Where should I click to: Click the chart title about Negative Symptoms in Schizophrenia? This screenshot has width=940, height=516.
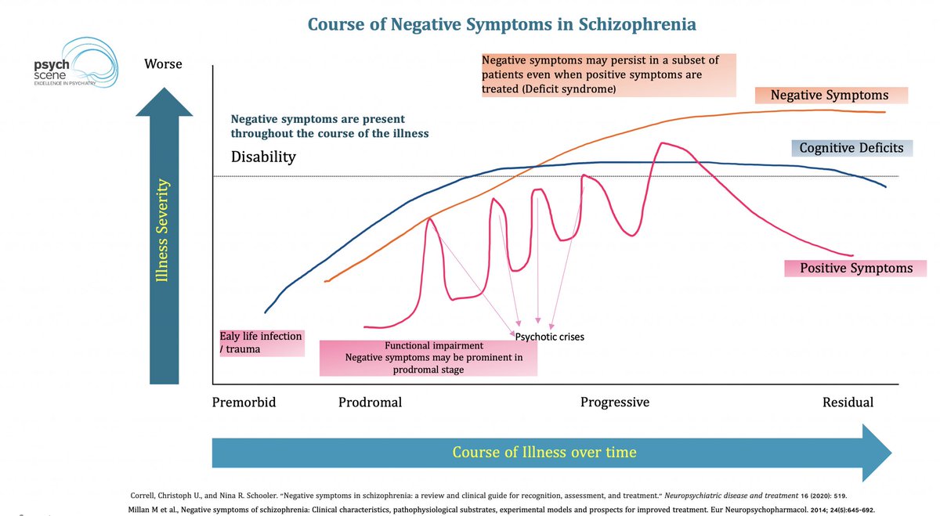[501, 24]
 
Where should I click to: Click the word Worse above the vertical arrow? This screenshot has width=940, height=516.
[163, 63]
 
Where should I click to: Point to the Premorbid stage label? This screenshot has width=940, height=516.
[244, 402]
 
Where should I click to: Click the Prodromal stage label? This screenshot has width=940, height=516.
[370, 402]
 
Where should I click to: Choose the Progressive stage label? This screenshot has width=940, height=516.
[614, 402]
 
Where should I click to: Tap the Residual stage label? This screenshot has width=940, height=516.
[848, 402]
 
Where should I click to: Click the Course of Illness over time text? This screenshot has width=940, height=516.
[544, 452]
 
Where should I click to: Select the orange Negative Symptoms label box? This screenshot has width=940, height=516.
[830, 96]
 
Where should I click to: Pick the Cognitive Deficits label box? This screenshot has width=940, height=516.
[851, 147]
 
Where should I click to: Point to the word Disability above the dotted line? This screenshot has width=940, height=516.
[263, 157]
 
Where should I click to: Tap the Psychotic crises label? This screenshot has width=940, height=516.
[550, 337]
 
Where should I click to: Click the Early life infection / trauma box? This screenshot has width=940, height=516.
[260, 342]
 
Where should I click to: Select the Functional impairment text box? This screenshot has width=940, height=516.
[428, 358]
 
